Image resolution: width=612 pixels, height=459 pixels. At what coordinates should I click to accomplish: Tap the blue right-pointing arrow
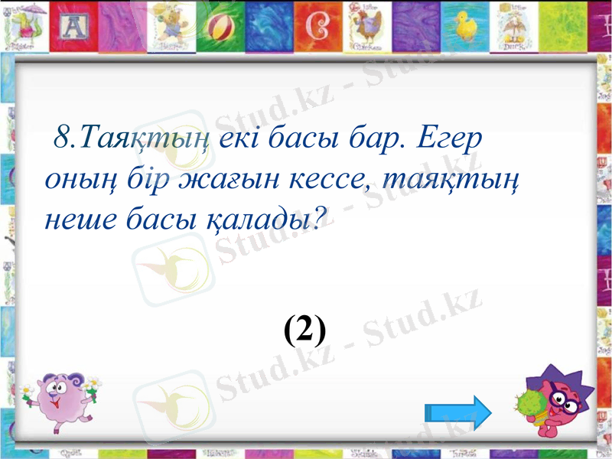point(457,414)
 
